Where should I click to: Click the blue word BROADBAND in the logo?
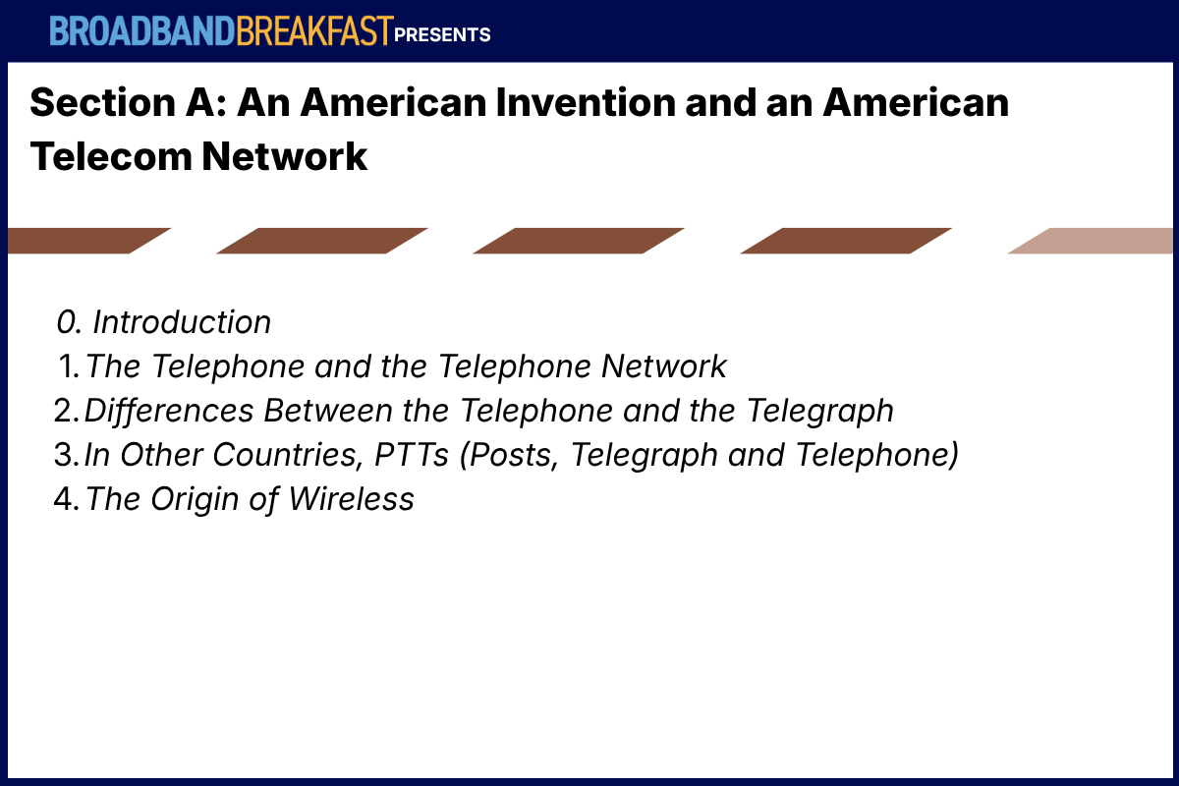point(142,31)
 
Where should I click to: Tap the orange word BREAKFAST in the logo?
point(314,31)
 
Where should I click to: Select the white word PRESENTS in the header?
point(442,34)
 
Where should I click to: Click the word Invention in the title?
point(586,102)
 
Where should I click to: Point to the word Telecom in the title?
point(111,156)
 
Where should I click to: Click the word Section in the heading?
point(102,102)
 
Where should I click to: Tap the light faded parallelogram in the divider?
point(1093,241)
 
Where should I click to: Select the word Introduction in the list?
point(182,321)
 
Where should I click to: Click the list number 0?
point(69,321)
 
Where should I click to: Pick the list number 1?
point(69,365)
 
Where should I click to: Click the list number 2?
point(67,410)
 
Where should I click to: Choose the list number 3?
point(67,454)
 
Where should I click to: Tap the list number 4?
point(67,498)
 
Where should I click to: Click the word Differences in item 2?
point(169,410)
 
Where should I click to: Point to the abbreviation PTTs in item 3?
point(411,454)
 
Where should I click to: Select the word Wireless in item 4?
point(351,498)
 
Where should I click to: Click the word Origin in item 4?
point(195,500)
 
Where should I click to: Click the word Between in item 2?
point(328,410)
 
